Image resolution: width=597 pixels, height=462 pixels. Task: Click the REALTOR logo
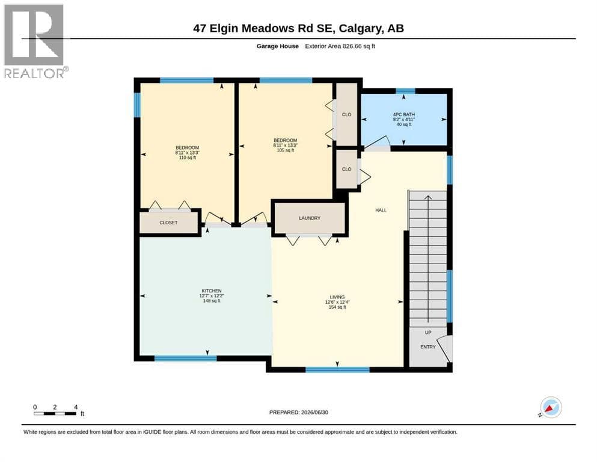pyautogui.click(x=35, y=41)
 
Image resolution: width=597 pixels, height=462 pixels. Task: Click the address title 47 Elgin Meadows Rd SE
pyautogui.click(x=264, y=28)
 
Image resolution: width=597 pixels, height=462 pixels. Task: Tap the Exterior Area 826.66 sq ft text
pyautogui.click(x=340, y=46)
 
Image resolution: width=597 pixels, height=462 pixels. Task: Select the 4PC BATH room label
pyautogui.click(x=404, y=119)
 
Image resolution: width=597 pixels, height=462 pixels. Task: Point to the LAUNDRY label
pyautogui.click(x=310, y=218)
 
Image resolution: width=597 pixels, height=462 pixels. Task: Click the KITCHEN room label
pyautogui.click(x=212, y=295)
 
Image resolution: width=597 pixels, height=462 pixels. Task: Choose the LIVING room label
pyautogui.click(x=337, y=302)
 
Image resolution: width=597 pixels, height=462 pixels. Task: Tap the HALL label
pyautogui.click(x=381, y=210)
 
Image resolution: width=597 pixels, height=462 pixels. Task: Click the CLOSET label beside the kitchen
pyautogui.click(x=168, y=223)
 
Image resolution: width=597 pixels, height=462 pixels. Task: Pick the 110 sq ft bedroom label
pyautogui.click(x=188, y=152)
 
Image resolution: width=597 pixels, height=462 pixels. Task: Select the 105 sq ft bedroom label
pyautogui.click(x=286, y=145)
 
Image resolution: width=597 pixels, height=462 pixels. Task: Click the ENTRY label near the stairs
pyautogui.click(x=428, y=347)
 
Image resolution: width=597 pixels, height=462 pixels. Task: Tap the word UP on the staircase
pyautogui.click(x=428, y=333)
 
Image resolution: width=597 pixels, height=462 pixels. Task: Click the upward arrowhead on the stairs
pyautogui.click(x=428, y=197)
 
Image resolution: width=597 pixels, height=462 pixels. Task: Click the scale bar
pyautogui.click(x=55, y=414)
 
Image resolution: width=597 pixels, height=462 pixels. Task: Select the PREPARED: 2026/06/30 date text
pyautogui.click(x=298, y=412)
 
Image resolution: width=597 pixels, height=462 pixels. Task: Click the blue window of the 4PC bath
pyautogui.click(x=405, y=91)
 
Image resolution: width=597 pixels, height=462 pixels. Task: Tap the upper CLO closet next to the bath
pyautogui.click(x=346, y=114)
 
